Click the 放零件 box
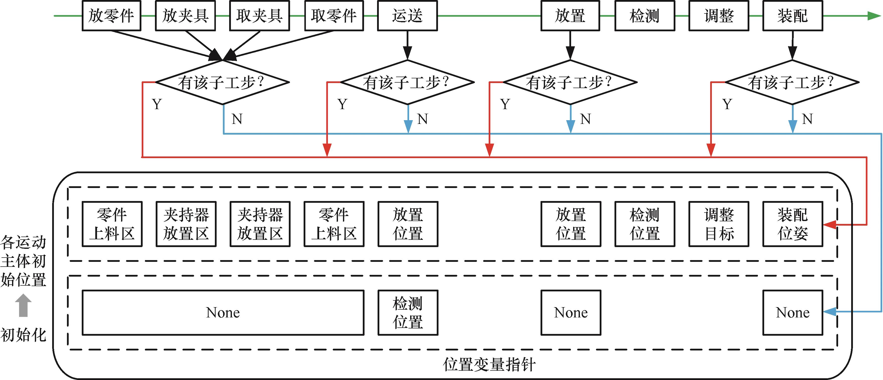pos(111,16)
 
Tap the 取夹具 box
pos(259,16)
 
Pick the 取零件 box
pos(334,16)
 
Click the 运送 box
pos(407,16)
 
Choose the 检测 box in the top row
pos(644,16)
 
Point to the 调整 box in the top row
pos(719,16)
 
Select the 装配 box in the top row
pos(792,16)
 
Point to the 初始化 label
pos(23,335)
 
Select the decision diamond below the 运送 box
pos(407,82)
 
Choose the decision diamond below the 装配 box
pos(792,82)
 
